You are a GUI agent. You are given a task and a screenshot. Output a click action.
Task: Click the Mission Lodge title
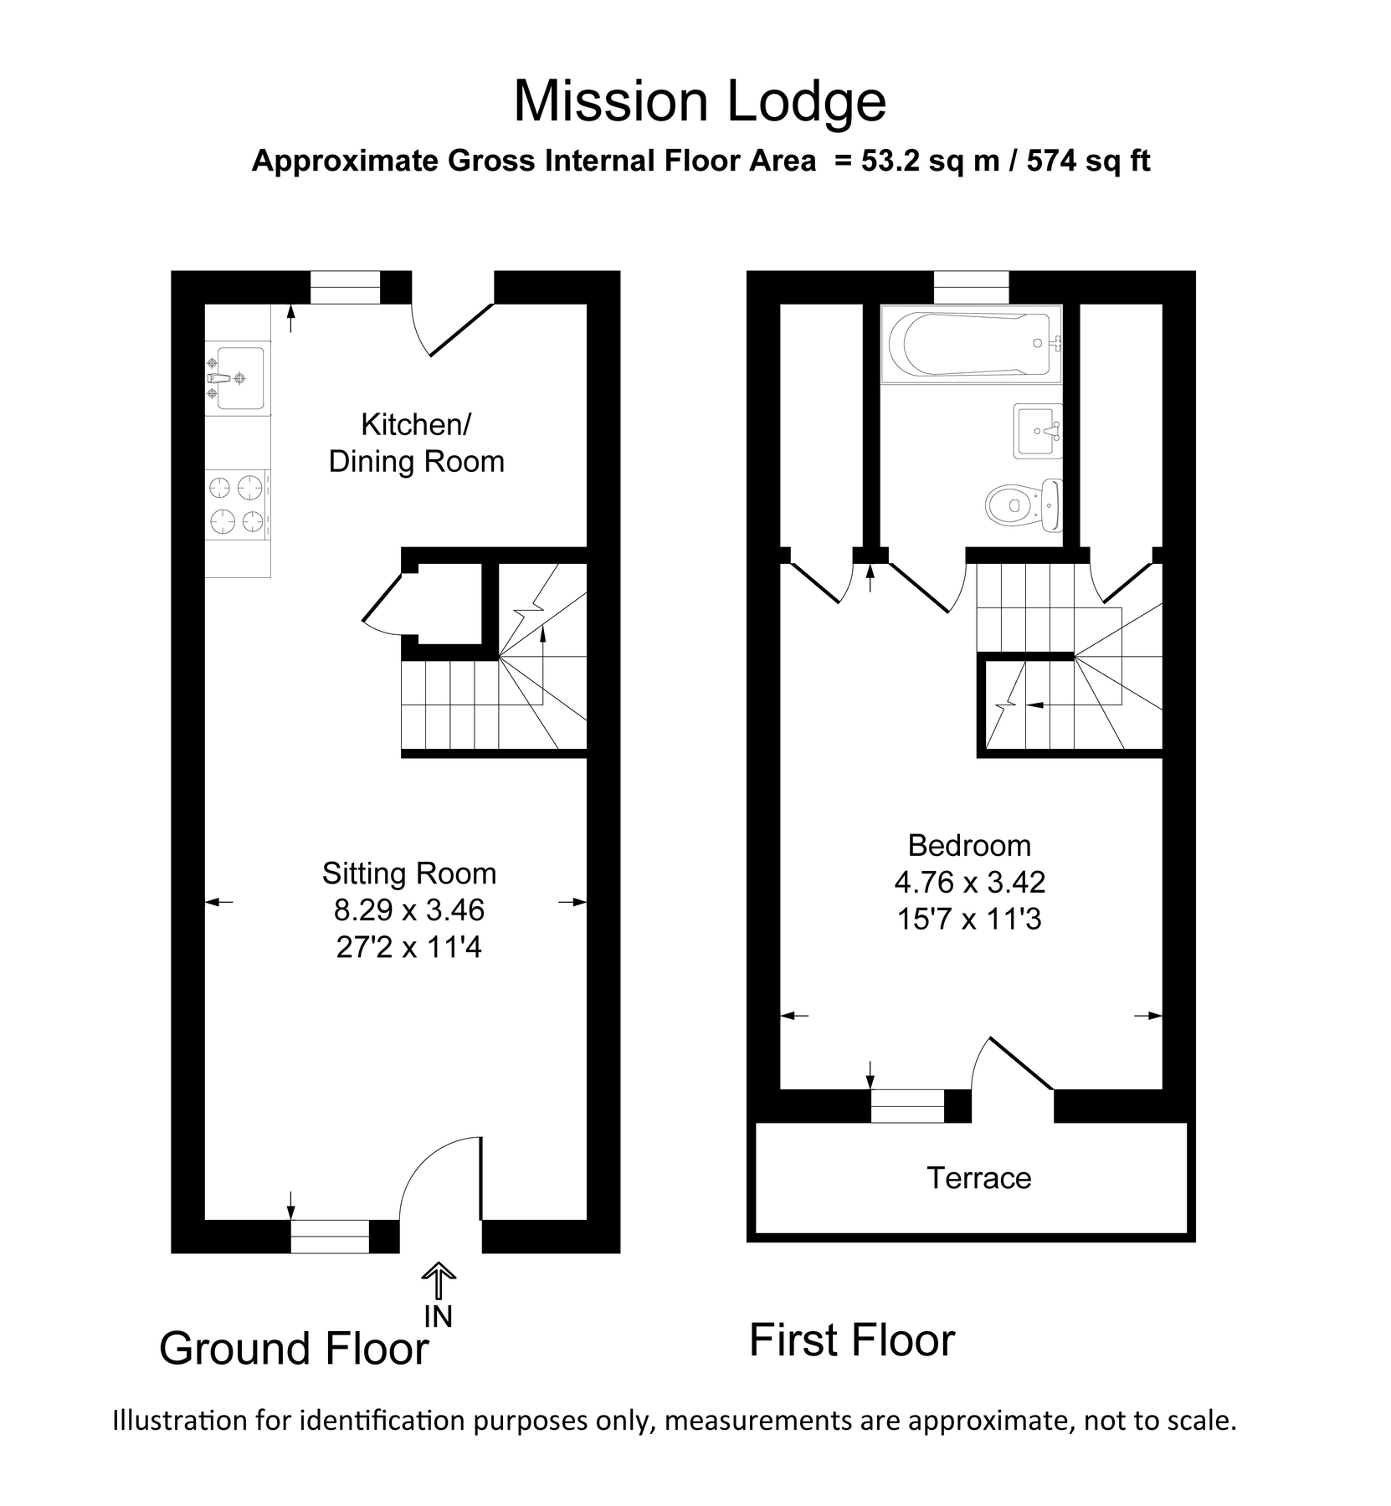(699, 101)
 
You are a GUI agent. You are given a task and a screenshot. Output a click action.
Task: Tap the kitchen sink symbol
(237, 377)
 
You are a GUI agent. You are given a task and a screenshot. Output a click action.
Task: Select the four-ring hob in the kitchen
(238, 505)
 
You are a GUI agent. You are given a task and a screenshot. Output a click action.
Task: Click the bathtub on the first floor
(971, 344)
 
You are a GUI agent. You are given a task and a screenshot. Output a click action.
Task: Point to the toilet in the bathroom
(1023, 505)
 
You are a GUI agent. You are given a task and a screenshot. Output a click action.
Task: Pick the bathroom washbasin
(1038, 431)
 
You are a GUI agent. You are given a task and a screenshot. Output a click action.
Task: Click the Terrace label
(978, 1178)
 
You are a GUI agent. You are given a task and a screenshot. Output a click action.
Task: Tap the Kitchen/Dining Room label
(416, 443)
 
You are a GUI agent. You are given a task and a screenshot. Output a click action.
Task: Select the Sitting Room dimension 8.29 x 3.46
(409, 909)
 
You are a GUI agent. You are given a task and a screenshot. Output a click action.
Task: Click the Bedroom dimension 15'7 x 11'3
(969, 919)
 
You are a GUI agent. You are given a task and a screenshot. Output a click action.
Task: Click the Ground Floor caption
(294, 1349)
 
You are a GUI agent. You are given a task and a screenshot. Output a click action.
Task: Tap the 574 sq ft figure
(1088, 160)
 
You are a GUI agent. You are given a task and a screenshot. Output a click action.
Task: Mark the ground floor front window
(330, 1236)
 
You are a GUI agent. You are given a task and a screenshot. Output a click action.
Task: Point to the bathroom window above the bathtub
(971, 287)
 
